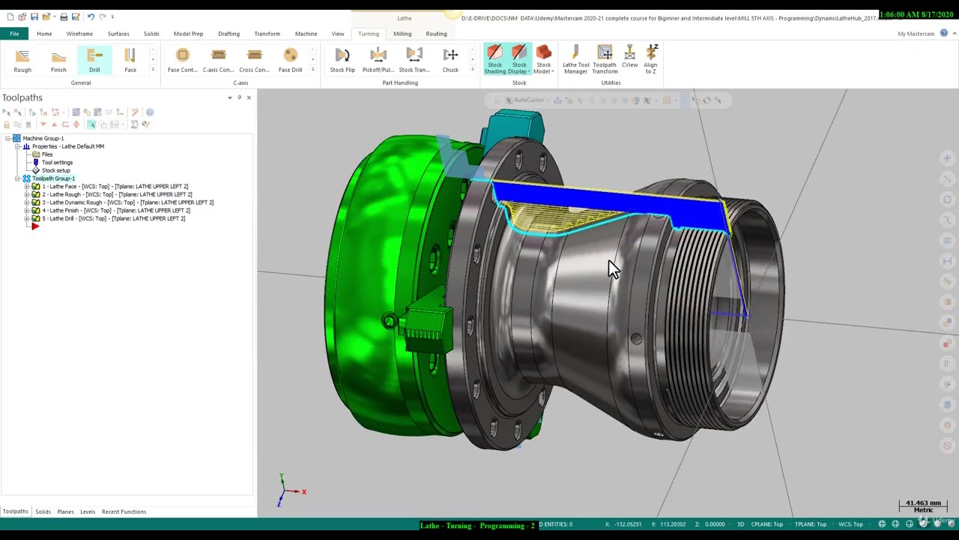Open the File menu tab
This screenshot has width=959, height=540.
[14, 34]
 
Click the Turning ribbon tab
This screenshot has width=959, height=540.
[368, 34]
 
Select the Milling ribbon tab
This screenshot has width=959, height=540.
[402, 34]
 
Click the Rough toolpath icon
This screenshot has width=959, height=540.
[22, 60]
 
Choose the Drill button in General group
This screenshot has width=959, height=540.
[94, 60]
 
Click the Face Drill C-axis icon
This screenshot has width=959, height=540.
[290, 60]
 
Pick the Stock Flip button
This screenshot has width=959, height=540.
[342, 60]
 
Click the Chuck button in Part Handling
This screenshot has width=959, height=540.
[450, 60]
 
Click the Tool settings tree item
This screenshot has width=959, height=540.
[57, 163]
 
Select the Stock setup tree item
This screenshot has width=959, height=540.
[55, 171]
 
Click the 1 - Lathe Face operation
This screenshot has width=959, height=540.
[115, 187]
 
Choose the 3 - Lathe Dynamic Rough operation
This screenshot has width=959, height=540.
[127, 202]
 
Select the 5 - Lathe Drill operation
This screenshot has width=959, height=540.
[113, 219]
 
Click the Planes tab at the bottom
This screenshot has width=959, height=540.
[65, 511]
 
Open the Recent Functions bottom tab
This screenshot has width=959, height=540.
[124, 511]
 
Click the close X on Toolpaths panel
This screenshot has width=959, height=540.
[249, 97]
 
